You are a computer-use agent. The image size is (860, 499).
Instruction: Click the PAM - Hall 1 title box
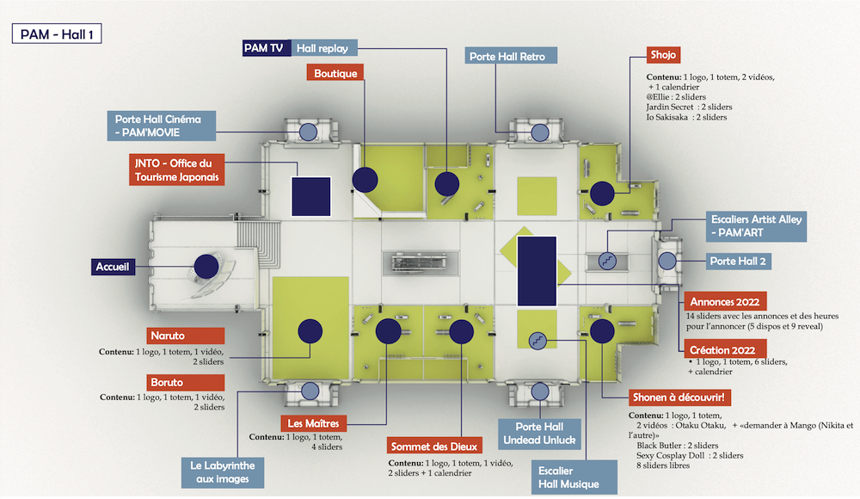tap(58, 34)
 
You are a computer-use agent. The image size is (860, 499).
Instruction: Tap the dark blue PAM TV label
tap(265, 48)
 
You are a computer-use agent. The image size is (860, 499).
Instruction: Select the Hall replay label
tap(322, 48)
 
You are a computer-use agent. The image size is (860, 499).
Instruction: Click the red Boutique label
tap(335, 73)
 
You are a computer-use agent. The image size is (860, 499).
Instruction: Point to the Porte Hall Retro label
tap(512, 56)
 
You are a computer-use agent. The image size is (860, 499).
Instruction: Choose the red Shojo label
tap(664, 55)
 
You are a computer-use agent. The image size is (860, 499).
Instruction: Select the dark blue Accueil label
tap(113, 268)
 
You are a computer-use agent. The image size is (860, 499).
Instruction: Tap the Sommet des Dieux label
tap(427, 447)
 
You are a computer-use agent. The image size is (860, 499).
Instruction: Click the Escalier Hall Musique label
tap(568, 478)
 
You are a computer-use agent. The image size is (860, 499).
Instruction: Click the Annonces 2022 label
tap(724, 302)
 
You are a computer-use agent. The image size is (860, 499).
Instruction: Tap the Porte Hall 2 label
tap(736, 261)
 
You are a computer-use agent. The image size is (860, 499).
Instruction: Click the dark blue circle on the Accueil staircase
tap(206, 267)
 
